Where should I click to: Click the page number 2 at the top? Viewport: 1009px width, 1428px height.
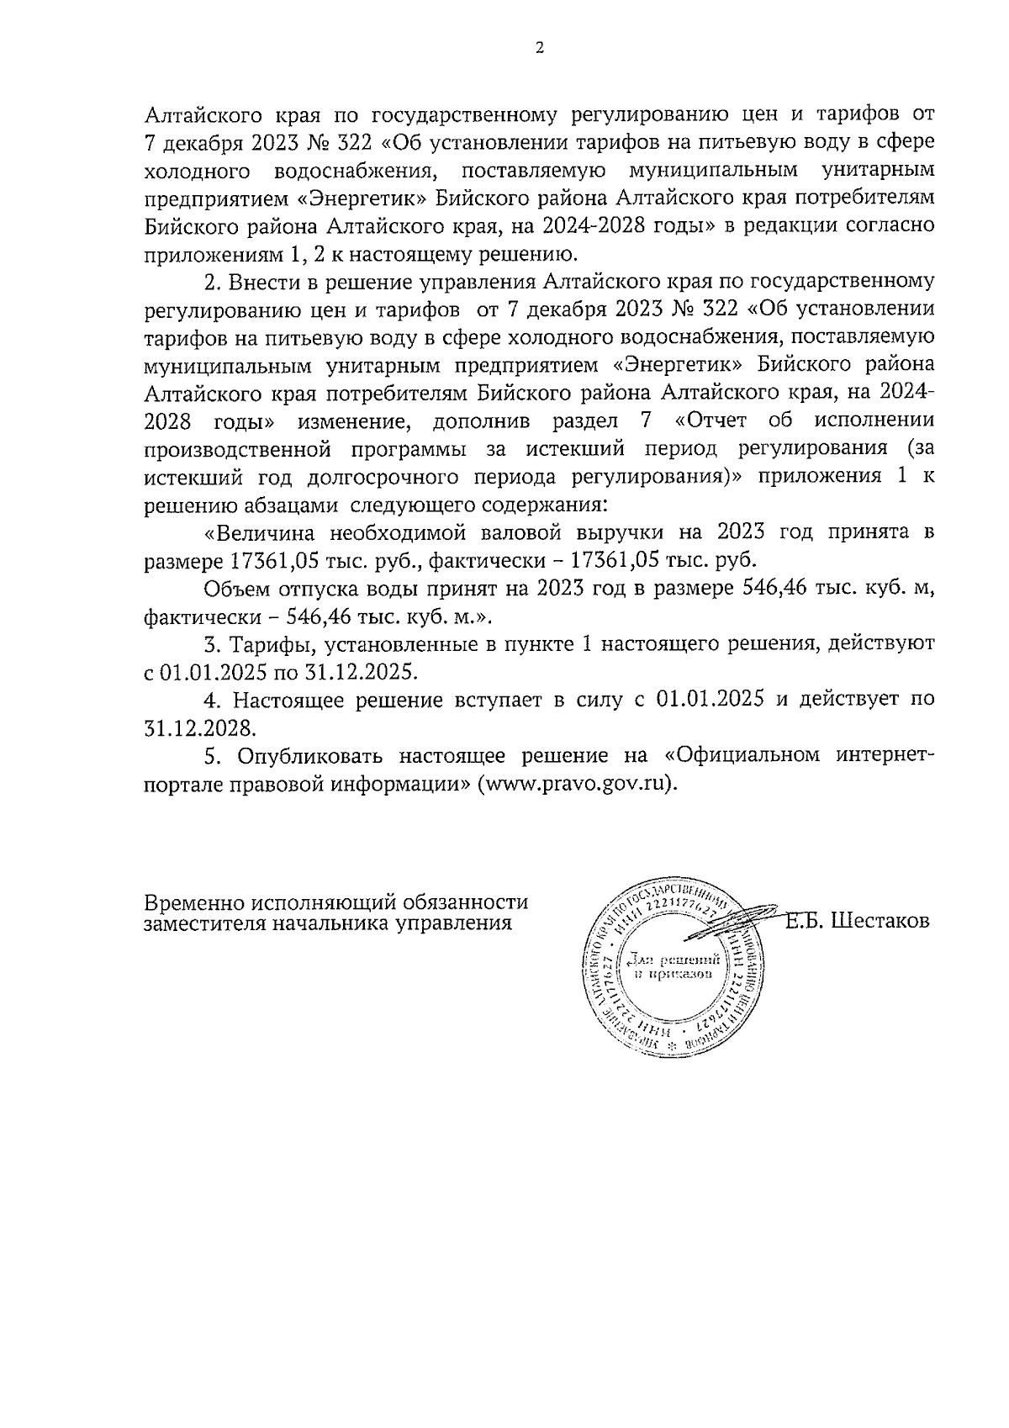click(x=539, y=48)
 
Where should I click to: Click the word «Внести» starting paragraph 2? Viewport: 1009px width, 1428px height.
click(x=272, y=280)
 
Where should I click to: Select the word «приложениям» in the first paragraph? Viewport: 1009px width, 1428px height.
click(x=194, y=253)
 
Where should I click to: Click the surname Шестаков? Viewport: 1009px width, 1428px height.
click(x=880, y=921)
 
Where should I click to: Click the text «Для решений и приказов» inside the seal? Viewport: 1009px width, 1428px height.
click(x=672, y=966)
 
